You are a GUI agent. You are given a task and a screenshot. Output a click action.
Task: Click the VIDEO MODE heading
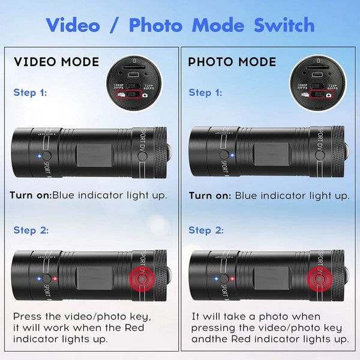56,62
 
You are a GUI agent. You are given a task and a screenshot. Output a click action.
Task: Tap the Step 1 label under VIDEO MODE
30,92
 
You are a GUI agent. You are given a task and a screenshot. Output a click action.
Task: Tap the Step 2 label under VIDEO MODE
30,230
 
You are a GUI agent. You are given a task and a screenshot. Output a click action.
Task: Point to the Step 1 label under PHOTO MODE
205,92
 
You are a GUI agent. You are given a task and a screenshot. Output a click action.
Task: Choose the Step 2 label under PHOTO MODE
205,230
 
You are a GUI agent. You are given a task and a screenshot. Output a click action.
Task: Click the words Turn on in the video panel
30,195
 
